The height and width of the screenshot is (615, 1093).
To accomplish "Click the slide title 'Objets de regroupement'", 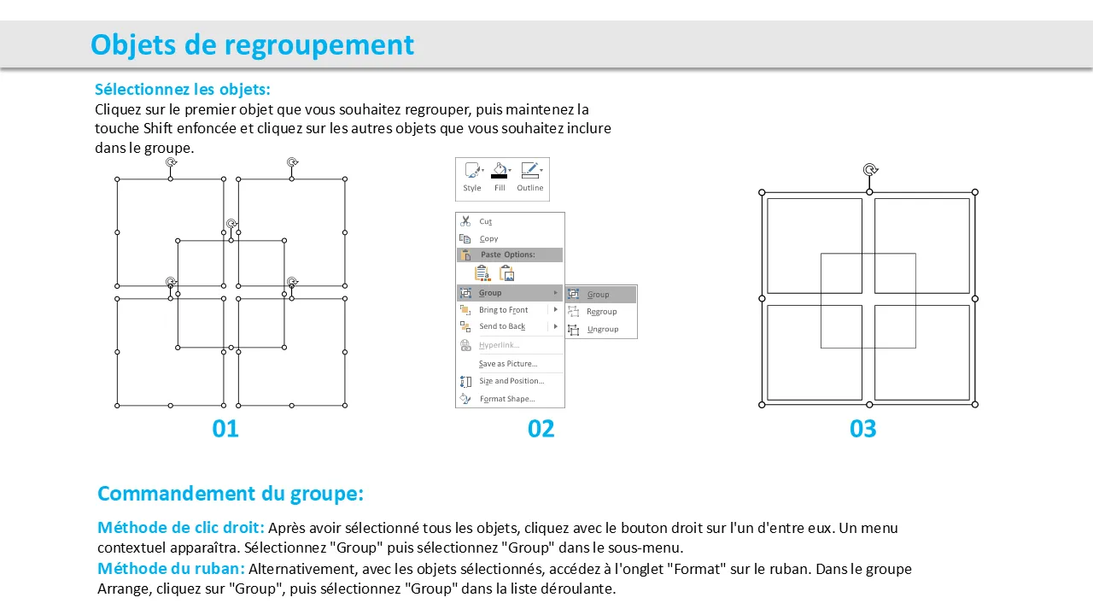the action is click(252, 45).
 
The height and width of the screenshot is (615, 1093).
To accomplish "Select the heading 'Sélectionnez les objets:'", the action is click(183, 90).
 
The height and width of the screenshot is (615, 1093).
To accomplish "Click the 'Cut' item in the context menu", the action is click(486, 221).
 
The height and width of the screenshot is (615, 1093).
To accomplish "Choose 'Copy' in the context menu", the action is click(488, 238).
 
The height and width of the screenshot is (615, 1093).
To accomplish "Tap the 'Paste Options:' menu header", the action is click(508, 255).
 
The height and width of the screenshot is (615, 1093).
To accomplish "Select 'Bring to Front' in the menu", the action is click(503, 310).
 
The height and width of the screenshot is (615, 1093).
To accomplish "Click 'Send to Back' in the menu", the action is click(502, 326).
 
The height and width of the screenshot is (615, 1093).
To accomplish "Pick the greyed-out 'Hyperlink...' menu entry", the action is click(500, 345).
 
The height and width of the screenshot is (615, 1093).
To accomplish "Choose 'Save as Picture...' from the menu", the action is click(508, 364).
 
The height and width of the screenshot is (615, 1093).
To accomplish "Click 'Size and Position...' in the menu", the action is click(511, 381).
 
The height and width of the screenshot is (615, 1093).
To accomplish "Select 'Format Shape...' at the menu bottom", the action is click(507, 399).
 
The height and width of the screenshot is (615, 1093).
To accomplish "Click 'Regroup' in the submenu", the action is click(602, 312).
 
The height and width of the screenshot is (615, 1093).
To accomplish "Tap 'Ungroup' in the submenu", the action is click(603, 329).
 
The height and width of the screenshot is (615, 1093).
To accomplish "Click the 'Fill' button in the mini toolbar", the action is click(500, 177).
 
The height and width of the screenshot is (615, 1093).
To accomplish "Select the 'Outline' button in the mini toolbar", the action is click(530, 177).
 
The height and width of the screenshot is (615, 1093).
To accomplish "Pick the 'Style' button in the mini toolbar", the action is click(472, 177).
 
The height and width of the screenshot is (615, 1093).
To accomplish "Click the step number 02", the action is click(541, 429).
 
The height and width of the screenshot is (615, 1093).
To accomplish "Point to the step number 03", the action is click(862, 429).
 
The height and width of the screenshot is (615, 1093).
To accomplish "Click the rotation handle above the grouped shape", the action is click(870, 170).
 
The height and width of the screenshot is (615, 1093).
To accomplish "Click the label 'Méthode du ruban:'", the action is click(171, 569).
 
